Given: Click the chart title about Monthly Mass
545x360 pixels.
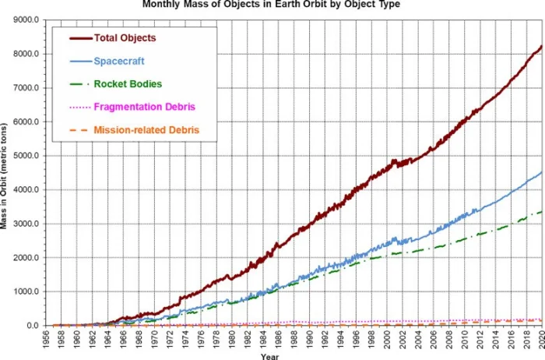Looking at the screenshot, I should (272, 5).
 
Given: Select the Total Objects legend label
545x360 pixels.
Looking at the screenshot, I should (125, 37).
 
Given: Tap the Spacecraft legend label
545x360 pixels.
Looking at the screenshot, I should (118, 60).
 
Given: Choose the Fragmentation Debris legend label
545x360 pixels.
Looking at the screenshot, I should (143, 106).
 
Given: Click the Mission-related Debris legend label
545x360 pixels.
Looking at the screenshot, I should (146, 129).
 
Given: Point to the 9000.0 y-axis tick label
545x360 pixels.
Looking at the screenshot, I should (30, 19).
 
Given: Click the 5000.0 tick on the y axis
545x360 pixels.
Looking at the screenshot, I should (30, 156).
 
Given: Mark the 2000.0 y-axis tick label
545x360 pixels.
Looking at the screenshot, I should (30, 258).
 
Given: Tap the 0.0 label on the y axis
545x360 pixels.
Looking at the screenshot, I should (36, 326).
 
